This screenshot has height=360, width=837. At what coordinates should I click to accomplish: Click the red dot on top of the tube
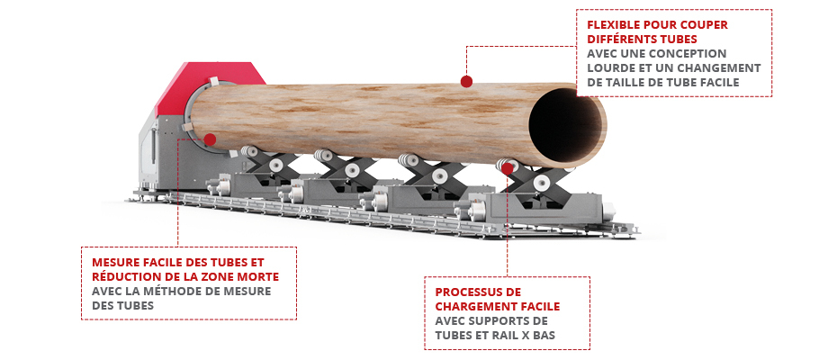466,81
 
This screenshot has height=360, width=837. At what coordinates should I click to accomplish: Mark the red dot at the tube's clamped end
210,139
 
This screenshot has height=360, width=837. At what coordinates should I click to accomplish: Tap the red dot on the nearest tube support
507,169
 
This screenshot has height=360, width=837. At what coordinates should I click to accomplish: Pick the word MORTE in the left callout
263,277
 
